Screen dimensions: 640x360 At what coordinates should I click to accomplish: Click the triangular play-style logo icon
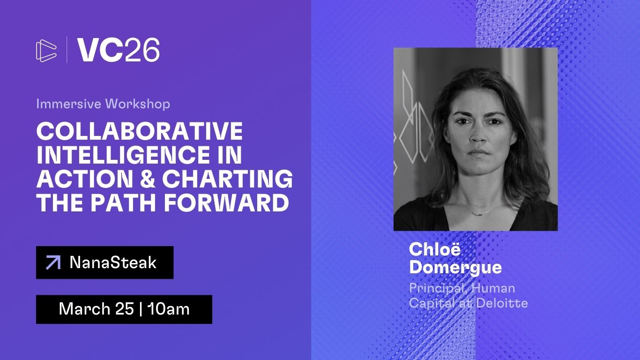pos(46,51)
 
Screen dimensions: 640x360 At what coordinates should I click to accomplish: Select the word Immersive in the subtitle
pos(68,104)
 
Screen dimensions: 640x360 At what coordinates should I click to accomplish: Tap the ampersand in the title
pos(148,179)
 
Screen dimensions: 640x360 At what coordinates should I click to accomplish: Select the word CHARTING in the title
pos(227,179)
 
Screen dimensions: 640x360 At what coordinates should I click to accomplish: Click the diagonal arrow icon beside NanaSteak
pos(53,262)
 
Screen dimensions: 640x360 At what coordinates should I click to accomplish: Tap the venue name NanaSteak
pos(113,262)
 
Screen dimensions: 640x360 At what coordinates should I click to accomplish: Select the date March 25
pos(97,309)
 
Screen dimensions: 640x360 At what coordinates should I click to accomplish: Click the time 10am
pos(168,309)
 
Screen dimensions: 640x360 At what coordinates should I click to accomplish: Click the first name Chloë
pos(435,249)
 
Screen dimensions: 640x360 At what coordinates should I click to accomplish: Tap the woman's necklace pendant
pos(480,213)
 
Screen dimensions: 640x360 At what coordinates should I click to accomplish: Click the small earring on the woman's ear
pos(513,142)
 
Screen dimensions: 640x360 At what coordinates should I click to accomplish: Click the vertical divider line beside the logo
pos(67,50)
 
